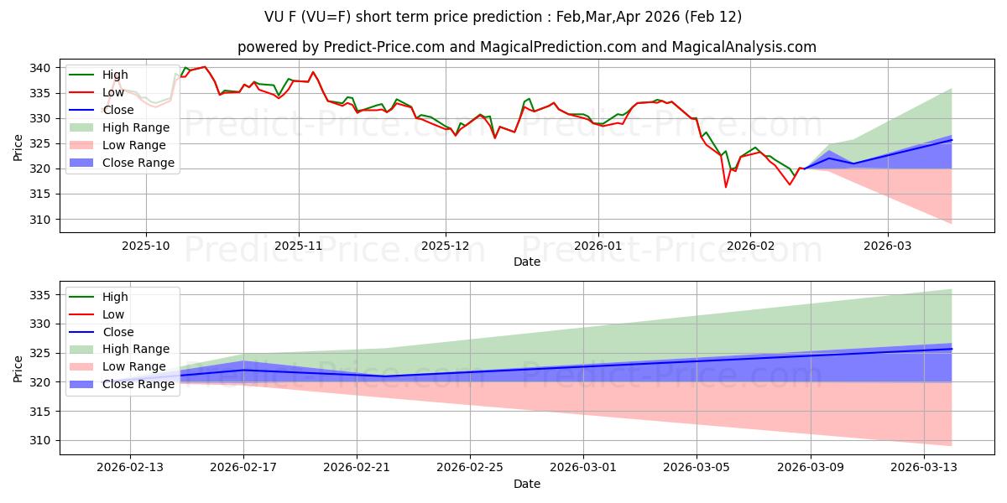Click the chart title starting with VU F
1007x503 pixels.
pos(503,17)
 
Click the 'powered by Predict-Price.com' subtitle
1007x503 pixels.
pos(527,47)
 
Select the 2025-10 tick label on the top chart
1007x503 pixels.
pos(146,246)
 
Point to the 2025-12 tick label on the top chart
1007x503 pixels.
pos(446,246)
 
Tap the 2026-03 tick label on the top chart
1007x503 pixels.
pos(888,246)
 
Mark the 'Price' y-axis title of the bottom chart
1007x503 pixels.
pos(18,368)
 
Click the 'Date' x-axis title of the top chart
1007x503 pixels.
pos(527,262)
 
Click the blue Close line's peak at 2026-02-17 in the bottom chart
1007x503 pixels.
pos(243,370)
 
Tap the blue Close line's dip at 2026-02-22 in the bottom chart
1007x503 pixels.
pos(385,376)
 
